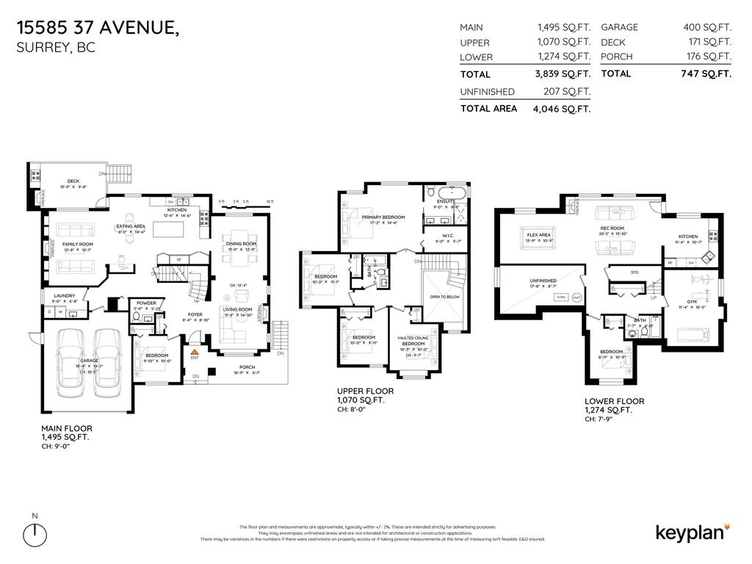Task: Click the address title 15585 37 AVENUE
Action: click(97, 29)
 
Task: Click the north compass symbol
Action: click(35, 535)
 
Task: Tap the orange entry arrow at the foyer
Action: click(195, 352)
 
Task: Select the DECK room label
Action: click(73, 181)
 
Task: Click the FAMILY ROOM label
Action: click(77, 244)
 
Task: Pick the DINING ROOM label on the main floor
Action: click(240, 244)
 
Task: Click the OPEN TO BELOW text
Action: click(445, 297)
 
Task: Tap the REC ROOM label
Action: click(612, 228)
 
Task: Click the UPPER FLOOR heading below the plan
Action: click(365, 391)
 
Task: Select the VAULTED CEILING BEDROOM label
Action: click(413, 341)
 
